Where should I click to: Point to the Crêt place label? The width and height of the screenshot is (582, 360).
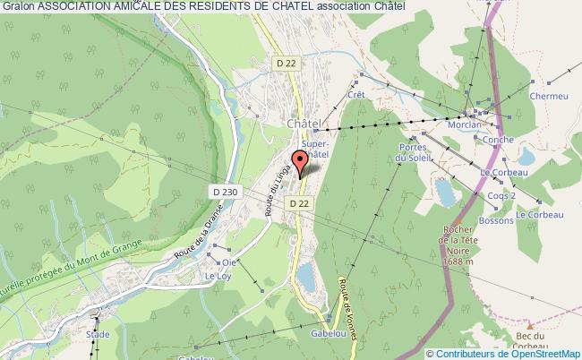point(355,94)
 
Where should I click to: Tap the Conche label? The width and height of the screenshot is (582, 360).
point(497,139)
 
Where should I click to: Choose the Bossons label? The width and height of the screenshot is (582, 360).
point(498,219)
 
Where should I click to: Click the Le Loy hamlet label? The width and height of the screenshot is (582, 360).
point(218,277)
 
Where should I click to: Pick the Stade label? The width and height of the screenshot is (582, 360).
point(98,334)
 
